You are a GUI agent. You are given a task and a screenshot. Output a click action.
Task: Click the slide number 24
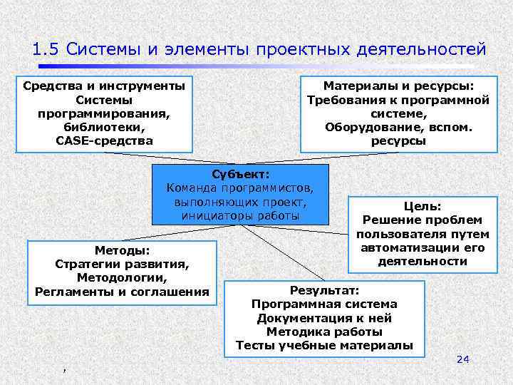coord(462,359)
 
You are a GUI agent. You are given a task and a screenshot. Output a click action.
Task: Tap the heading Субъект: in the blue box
coord(241,175)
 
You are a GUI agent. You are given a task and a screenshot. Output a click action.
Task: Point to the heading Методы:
coord(122,250)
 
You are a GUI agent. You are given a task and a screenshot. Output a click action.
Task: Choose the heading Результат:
coord(325,290)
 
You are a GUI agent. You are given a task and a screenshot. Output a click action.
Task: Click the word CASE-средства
coord(104,140)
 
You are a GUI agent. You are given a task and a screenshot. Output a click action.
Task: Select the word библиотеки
coord(104,127)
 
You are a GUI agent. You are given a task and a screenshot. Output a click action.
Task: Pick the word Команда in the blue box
coord(192,188)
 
